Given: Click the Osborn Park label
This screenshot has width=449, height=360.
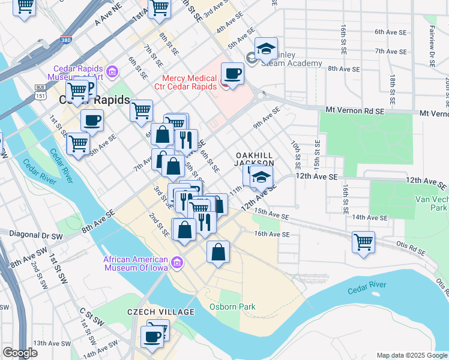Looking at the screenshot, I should [x=232, y=307].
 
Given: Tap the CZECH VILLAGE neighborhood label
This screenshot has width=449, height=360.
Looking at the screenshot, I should [x=161, y=312].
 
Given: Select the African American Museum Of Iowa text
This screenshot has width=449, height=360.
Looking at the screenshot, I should [x=137, y=264].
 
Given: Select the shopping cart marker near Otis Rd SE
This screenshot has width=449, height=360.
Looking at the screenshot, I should [x=363, y=242].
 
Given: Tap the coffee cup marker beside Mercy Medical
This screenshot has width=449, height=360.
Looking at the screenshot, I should [x=232, y=74].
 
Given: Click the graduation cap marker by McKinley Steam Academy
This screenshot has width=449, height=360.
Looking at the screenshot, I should [x=266, y=49].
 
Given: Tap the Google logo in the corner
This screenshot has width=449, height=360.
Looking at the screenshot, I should [x=20, y=353].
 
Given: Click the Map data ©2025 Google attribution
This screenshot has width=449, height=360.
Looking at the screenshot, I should [x=412, y=355].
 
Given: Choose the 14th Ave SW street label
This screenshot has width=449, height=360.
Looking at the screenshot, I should [x=99, y=353].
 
